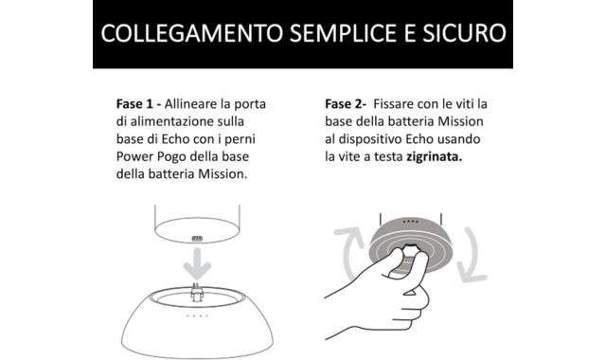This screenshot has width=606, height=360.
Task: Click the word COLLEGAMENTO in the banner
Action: pos(192,33)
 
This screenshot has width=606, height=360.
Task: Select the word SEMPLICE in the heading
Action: pos(343,33)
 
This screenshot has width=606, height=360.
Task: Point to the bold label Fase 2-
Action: pos(346,104)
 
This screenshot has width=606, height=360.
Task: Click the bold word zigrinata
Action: pos(434,157)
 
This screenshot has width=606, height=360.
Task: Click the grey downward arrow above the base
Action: pos(197,264)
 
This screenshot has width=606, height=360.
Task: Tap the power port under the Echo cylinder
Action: pos(197,239)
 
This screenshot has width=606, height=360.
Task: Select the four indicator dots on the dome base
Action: pos(197,315)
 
